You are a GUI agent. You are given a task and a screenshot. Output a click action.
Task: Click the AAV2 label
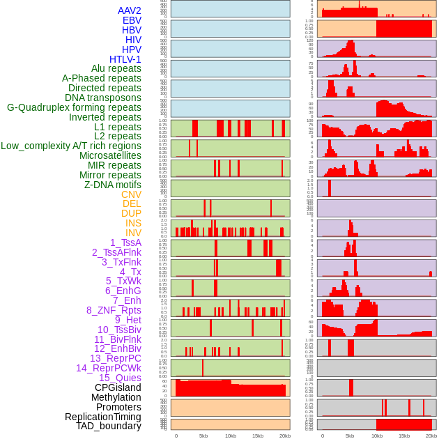[x=130, y=10]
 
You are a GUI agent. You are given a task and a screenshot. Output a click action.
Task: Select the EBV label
[x=132, y=20]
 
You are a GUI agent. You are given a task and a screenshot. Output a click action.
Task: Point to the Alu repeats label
[x=116, y=68]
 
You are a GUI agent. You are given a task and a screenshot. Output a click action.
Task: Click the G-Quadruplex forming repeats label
[x=74, y=107]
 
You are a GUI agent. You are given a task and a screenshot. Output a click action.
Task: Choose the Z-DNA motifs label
[x=113, y=185]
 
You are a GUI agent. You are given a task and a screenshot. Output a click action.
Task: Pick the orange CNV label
[x=131, y=194]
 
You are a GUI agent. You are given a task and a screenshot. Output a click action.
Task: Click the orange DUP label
[x=131, y=213]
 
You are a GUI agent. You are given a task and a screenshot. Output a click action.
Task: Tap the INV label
[x=133, y=233]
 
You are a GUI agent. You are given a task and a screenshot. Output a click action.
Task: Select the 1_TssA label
[x=125, y=242]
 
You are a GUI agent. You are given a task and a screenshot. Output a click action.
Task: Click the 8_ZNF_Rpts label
[x=114, y=310]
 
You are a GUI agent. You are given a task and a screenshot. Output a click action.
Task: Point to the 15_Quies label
[x=120, y=378]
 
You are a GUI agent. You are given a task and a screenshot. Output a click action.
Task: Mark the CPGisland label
[x=118, y=387]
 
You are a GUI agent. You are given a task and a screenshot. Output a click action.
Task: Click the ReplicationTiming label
[x=103, y=417]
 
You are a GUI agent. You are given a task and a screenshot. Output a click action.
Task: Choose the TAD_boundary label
[x=109, y=426]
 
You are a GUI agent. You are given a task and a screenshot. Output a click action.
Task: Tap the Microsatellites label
[x=110, y=155]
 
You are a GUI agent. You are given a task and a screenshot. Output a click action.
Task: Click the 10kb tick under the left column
[x=230, y=436]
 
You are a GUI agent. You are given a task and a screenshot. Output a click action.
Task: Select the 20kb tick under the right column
[x=431, y=436]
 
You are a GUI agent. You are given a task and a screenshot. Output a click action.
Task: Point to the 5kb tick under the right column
[x=350, y=436]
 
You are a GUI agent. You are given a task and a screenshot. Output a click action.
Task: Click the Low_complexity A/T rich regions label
[x=71, y=146]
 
